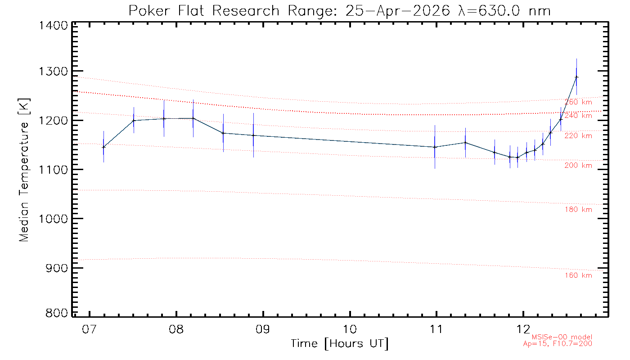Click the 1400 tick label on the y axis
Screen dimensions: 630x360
[53, 26]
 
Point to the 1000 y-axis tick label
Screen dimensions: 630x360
[53, 219]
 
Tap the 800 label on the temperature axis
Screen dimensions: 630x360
[57, 313]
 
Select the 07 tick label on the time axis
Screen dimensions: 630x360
[89, 329]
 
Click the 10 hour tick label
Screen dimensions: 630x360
[350, 329]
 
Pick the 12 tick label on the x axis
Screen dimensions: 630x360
[523, 329]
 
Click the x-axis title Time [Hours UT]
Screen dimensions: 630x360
[340, 344]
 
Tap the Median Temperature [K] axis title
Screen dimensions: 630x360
[24, 170]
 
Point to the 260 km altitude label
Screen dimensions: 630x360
[578, 102]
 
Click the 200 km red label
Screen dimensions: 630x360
[578, 166]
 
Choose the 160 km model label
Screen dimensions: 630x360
[578, 275]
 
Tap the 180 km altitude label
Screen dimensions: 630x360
[578, 210]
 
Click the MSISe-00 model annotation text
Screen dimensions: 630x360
[562, 337]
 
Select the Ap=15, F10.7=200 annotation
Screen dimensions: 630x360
[558, 344]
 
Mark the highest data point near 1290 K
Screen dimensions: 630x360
[576, 77]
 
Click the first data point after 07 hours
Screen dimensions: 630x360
[103, 147]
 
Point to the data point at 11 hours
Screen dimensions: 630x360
[435, 147]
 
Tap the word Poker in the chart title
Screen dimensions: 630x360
[149, 11]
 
